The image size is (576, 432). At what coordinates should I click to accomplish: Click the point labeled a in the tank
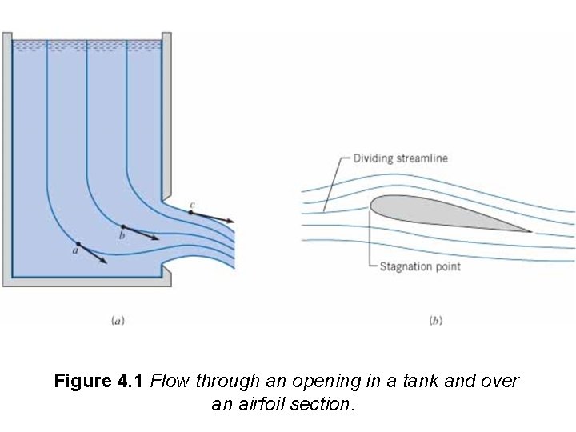78,243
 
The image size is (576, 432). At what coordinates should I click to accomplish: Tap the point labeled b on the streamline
122,227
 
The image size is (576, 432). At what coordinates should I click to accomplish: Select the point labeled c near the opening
190,213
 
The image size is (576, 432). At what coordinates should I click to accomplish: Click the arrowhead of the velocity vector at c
232,221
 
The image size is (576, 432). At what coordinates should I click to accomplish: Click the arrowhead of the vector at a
106,262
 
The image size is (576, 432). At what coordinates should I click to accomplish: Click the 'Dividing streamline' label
400,158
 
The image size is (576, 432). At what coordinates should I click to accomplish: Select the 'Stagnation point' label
420,266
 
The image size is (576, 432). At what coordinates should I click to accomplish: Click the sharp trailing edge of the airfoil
530,231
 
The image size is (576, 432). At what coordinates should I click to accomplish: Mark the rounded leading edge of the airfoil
372,206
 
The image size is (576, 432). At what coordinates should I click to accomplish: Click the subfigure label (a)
117,321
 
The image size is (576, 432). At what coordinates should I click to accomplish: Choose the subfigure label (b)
435,321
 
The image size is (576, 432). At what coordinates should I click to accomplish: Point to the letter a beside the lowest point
74,250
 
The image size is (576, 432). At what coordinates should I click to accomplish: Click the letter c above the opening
191,206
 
